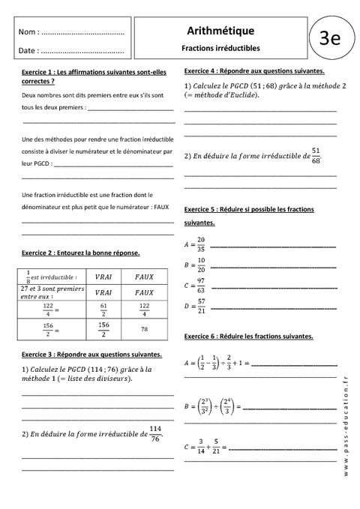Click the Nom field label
click(28, 33)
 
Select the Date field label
click(28, 51)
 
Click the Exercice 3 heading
click(90, 353)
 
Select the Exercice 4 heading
click(253, 70)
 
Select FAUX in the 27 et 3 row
click(145, 292)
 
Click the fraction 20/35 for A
click(200, 243)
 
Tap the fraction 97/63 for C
click(200, 285)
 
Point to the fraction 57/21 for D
click(200, 305)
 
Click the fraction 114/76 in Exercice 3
click(155, 433)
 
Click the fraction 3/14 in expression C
click(200, 447)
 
